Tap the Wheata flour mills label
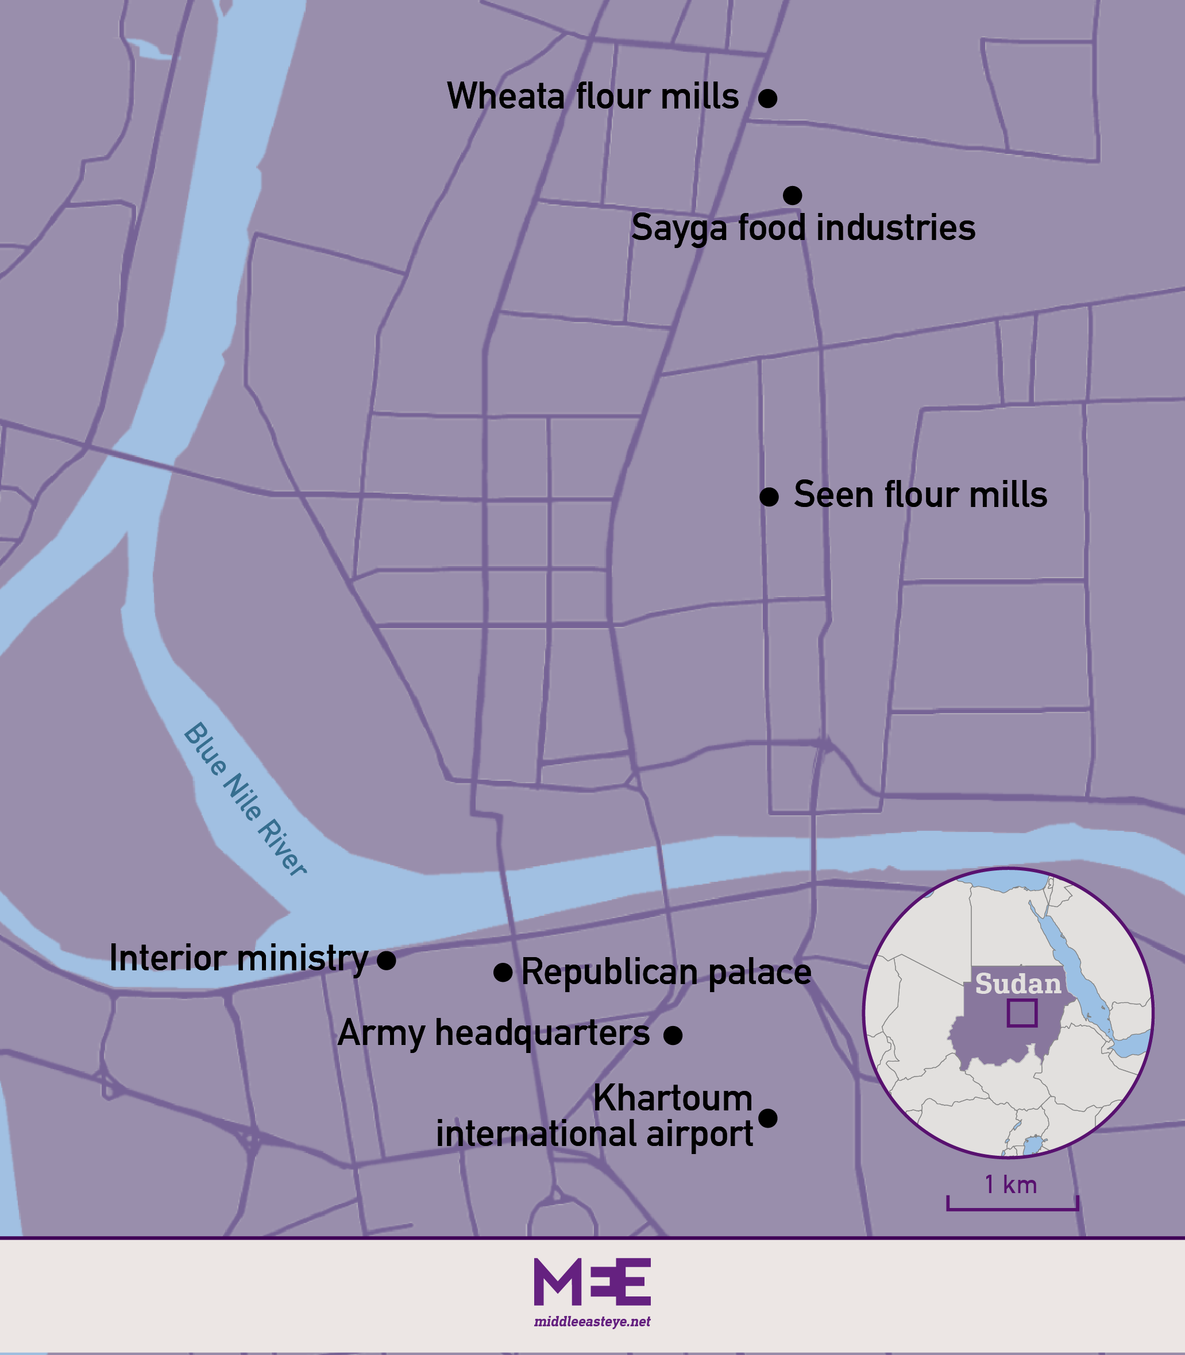(593, 96)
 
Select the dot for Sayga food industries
(792, 196)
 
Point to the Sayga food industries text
(803, 228)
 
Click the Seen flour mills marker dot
(769, 497)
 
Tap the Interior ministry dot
(386, 961)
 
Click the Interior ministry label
(238, 958)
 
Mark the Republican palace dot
(503, 972)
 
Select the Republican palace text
(666, 972)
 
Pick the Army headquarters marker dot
(673, 1035)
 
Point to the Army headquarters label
(493, 1033)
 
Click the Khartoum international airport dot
(767, 1118)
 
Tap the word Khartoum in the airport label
(673, 1098)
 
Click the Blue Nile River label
(245, 799)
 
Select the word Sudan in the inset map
(1018, 984)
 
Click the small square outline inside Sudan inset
(1022, 1013)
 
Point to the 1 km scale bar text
(1010, 1184)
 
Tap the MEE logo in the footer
(592, 1282)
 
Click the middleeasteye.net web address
(592, 1322)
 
